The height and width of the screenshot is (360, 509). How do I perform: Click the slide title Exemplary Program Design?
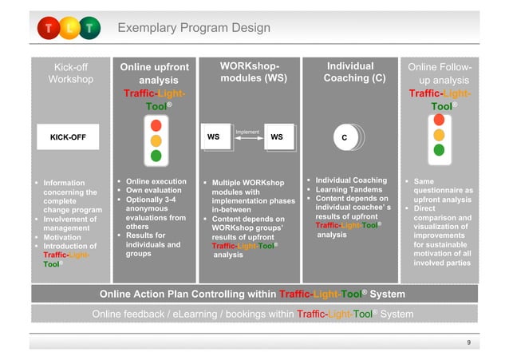pos(194,29)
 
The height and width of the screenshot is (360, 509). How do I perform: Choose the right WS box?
pos(277,137)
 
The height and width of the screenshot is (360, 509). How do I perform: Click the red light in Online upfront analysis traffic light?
pos(156,125)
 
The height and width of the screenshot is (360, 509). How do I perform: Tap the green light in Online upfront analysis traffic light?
pos(156,156)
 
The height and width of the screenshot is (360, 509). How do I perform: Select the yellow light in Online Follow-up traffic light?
pos(438,134)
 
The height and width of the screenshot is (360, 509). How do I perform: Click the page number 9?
pos(468,341)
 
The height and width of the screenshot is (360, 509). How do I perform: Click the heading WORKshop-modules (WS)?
pos(248,72)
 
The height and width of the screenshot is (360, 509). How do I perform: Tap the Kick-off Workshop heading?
pos(70,73)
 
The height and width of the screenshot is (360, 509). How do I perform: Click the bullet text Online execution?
pos(156,181)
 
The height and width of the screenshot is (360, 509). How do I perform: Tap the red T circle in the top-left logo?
pos(47,29)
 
